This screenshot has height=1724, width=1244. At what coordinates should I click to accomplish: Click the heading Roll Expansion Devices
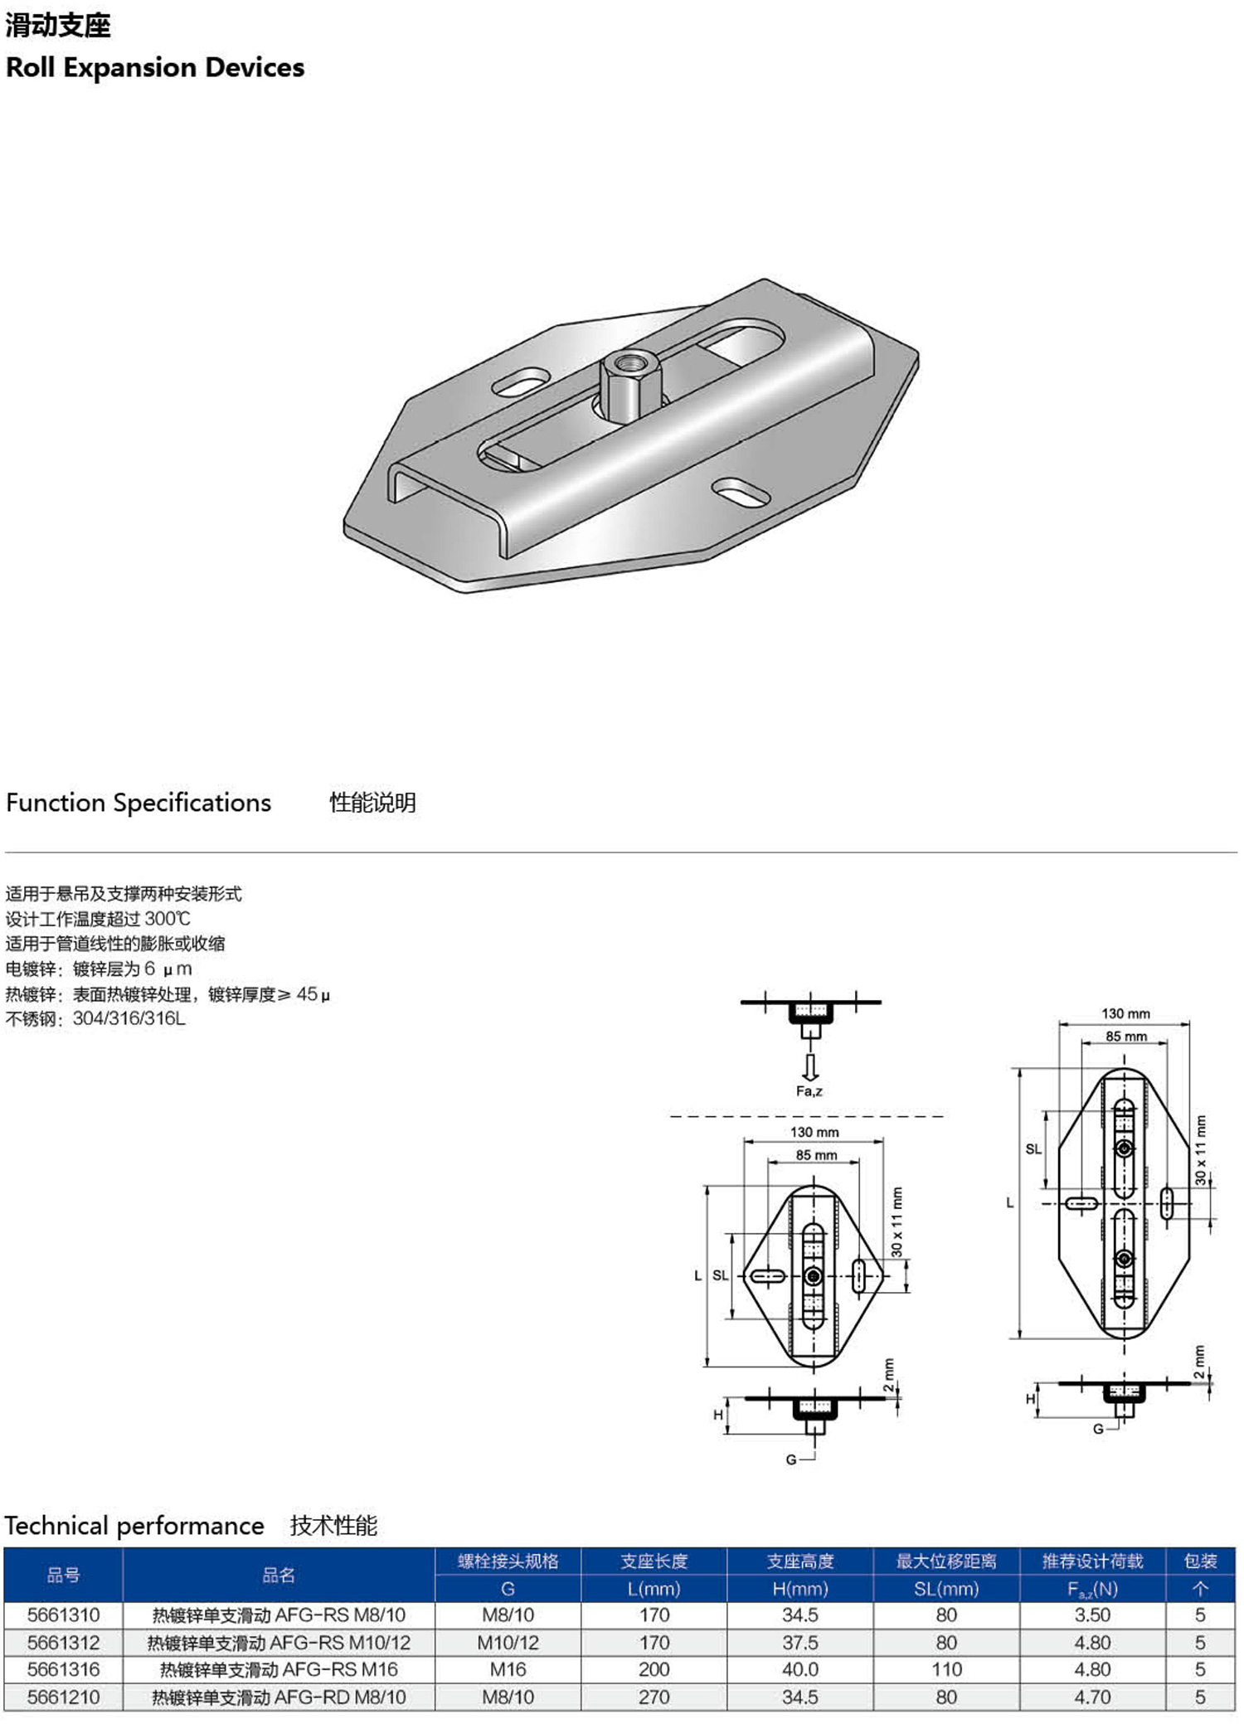click(x=155, y=67)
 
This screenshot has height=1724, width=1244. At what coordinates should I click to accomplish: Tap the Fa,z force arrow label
click(x=809, y=1091)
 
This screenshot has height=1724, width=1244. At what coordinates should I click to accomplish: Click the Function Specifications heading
click(x=138, y=803)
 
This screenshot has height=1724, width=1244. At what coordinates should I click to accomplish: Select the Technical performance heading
click(x=134, y=1526)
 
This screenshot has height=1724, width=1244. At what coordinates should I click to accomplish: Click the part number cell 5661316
click(x=63, y=1669)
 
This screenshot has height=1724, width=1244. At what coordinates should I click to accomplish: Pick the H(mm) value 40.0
click(x=800, y=1669)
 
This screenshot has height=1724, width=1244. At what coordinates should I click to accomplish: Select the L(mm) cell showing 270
click(x=654, y=1697)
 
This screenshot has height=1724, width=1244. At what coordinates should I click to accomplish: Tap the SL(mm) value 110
click(x=946, y=1669)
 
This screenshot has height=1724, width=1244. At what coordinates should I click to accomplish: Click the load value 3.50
click(x=1092, y=1615)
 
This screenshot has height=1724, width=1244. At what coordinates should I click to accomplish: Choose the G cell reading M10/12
click(x=508, y=1642)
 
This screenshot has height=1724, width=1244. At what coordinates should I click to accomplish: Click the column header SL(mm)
click(x=946, y=1589)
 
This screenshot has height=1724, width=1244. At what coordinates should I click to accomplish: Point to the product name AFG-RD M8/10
click(x=340, y=1697)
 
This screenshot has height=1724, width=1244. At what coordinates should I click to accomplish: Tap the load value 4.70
click(x=1092, y=1697)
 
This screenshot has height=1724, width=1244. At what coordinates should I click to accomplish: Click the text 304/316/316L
click(x=129, y=1018)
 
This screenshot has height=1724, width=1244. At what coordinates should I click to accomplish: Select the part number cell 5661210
click(x=63, y=1697)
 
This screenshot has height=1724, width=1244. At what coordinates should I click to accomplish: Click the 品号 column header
click(x=63, y=1575)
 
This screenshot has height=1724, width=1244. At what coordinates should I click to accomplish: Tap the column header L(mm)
click(x=654, y=1589)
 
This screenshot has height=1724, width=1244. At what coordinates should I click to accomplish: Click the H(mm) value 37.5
click(x=800, y=1642)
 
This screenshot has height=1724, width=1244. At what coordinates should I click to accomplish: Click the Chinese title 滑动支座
click(x=58, y=26)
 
